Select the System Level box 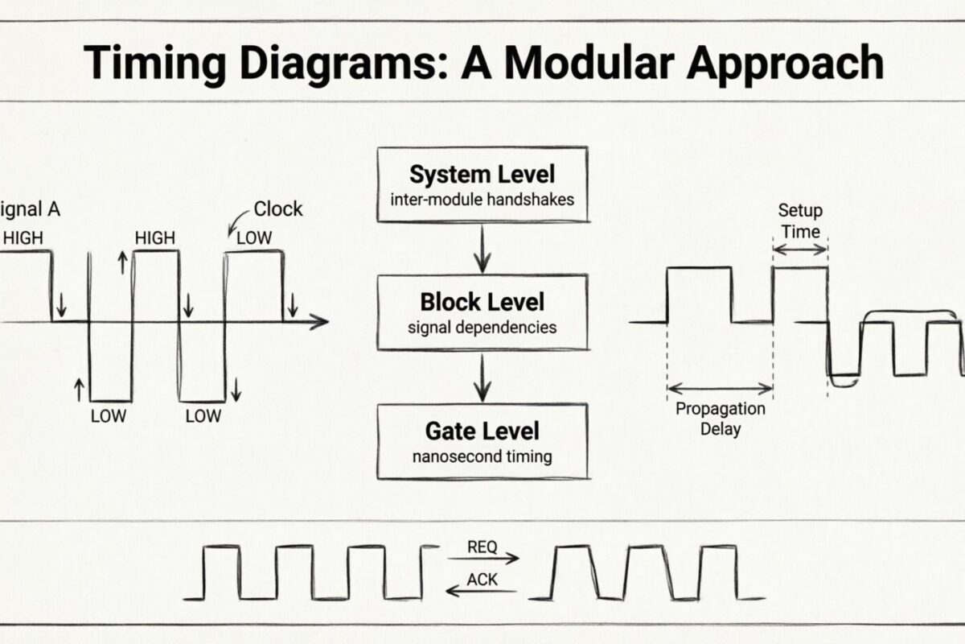(482, 184)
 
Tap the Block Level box (482, 312)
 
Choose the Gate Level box (482, 441)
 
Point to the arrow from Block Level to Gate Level (482, 377)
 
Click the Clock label (277, 209)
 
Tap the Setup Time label (799, 221)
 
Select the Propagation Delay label (720, 418)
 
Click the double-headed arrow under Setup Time (799, 250)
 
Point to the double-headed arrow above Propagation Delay (720, 387)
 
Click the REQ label (482, 547)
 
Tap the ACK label (482, 580)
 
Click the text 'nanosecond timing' (482, 456)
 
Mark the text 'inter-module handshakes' (482, 199)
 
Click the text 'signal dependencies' (482, 328)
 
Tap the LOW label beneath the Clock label (253, 237)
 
